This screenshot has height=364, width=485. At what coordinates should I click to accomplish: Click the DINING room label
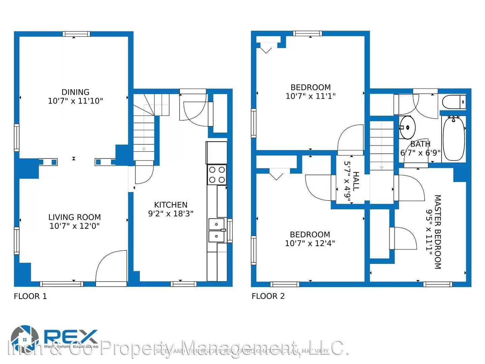(x=75, y=92)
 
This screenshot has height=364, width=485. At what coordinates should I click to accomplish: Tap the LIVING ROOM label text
(x=74, y=217)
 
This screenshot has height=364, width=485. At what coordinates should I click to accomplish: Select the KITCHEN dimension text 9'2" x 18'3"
(x=171, y=214)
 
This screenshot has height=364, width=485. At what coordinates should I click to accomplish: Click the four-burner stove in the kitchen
(x=217, y=175)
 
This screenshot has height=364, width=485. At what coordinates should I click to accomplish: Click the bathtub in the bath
(x=454, y=138)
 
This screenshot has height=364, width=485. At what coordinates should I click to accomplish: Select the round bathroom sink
(x=408, y=127)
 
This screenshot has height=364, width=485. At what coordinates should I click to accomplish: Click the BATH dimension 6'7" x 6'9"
(x=420, y=153)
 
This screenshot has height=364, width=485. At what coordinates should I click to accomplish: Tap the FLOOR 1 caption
(x=30, y=296)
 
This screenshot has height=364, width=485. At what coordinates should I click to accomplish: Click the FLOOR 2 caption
(x=268, y=296)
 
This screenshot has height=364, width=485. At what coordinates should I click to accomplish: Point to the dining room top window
(x=76, y=34)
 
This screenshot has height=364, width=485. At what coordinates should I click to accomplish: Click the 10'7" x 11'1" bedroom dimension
(x=311, y=96)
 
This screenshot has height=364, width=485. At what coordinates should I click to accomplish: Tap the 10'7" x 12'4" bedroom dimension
(x=310, y=243)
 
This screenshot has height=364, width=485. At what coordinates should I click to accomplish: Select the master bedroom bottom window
(x=438, y=284)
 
